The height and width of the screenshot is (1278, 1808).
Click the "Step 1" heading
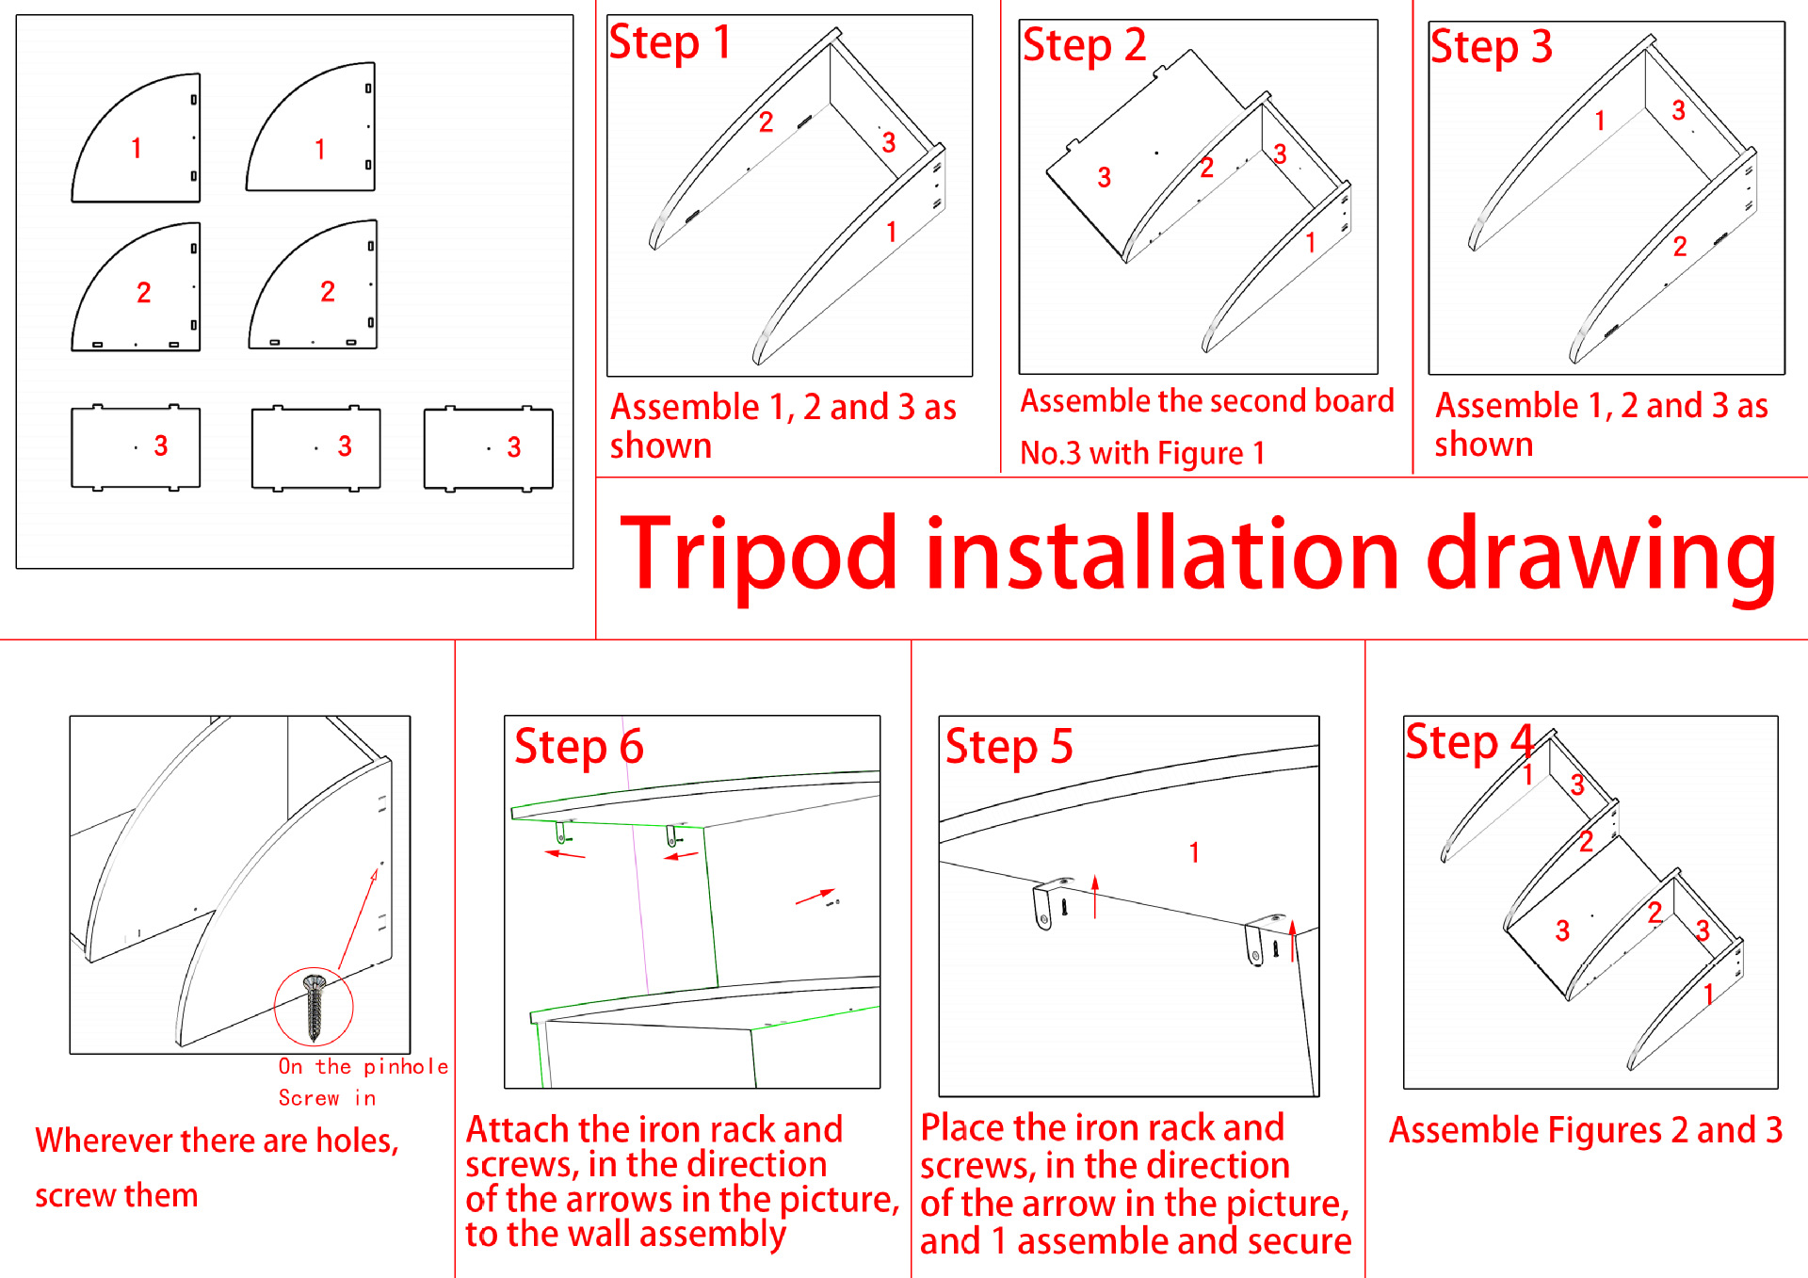coord(670,43)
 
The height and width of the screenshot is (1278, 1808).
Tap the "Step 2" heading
coord(1084,46)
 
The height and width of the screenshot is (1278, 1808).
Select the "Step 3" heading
coord(1491,48)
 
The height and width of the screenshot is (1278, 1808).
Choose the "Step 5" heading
coord(1009,748)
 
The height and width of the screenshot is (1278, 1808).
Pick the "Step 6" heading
coord(578,748)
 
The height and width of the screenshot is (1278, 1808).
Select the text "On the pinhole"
coord(363,1067)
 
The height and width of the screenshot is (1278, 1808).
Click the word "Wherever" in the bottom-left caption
coord(104,1141)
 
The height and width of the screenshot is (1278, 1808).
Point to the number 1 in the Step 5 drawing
coord(1194,853)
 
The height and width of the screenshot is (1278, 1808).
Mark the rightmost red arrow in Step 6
coord(815,897)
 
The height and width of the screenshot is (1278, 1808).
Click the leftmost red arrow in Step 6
coord(565,854)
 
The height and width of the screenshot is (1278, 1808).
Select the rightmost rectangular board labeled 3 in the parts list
coord(488,448)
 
